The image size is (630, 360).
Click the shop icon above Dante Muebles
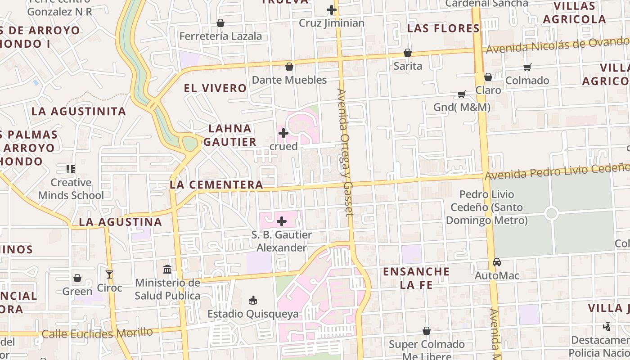click(x=289, y=67)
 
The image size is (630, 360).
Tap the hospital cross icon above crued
click(x=283, y=133)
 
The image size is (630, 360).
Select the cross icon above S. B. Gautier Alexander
click(x=282, y=221)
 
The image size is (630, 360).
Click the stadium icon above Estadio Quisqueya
click(x=253, y=301)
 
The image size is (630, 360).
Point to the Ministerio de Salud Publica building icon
click(x=167, y=269)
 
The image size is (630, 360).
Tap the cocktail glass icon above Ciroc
click(x=109, y=274)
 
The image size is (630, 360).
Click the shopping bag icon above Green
click(x=77, y=278)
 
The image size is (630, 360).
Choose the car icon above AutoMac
click(x=497, y=262)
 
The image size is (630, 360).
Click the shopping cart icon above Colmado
click(x=527, y=67)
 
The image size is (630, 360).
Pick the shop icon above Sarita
click(x=408, y=53)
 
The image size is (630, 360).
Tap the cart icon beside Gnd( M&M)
click(x=462, y=94)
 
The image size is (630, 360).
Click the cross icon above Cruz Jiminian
click(x=332, y=9)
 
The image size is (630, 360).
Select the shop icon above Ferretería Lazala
click(x=220, y=23)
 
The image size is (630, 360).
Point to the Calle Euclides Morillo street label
click(x=97, y=333)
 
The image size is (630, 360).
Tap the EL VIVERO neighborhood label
click(x=215, y=88)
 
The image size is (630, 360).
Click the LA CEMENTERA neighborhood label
click(x=216, y=184)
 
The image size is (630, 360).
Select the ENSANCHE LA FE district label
click(x=416, y=278)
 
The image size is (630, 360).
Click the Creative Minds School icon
click(x=71, y=169)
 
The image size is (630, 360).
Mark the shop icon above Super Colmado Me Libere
click(x=427, y=331)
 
